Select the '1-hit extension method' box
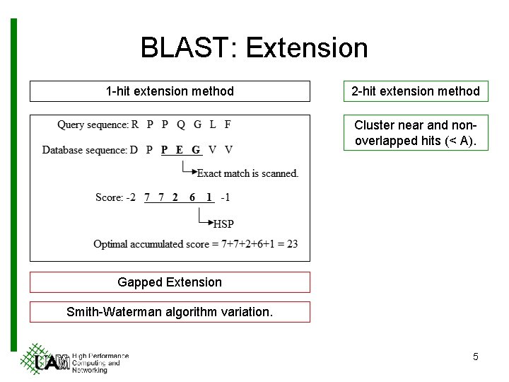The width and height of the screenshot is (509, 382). point(170,91)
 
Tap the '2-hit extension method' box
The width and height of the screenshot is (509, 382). point(416,91)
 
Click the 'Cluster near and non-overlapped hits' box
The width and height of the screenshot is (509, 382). point(416,133)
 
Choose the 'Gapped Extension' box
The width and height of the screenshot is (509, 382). point(170,282)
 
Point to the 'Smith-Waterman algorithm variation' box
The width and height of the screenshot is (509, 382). point(170,312)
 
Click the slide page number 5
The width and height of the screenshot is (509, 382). point(475,357)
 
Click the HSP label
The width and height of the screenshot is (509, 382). point(223,224)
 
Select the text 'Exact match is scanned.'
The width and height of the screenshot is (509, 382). point(247,173)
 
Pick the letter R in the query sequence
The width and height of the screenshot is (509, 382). point(135,125)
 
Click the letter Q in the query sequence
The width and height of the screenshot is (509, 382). point(181,125)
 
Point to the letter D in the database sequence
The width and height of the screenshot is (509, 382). point(134,150)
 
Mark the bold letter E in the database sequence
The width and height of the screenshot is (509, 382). point(180,150)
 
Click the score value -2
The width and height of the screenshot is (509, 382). point(131,197)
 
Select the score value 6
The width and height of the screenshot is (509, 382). point(192,197)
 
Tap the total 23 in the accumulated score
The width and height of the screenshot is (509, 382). point(292,244)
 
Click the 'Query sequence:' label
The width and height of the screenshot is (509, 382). point(93,125)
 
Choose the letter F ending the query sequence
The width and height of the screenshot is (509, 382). point(228,125)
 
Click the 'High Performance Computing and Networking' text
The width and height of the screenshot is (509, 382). point(100,362)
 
